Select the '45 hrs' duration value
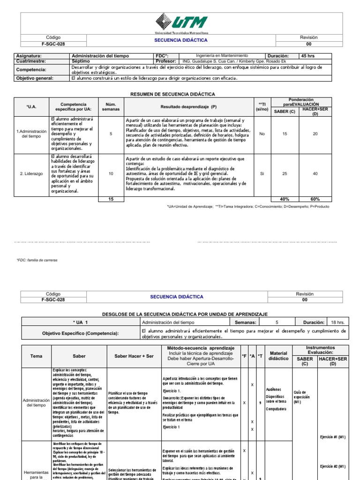[307, 55]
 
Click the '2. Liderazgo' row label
[31, 173]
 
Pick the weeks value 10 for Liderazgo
[111, 173]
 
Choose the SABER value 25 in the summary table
[285, 173]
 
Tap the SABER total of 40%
[285, 199]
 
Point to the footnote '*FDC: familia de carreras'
[37, 260]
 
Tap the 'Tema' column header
[36, 356]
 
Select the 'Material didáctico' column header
[278, 356]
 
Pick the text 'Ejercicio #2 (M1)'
[332, 466]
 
